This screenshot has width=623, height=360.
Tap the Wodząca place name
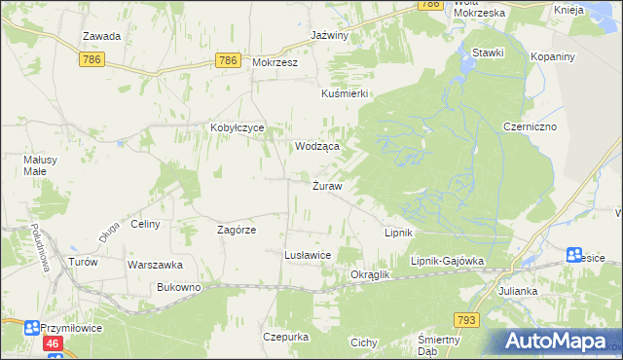coord(317,146)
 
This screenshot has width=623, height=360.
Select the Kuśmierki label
coord(344,93)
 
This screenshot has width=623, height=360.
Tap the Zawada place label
coord(101,36)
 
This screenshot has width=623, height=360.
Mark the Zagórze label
coord(236,230)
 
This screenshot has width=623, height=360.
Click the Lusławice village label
coord(308,254)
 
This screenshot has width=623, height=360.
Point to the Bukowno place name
coord(178,287)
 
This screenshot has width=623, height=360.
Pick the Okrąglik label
coord(369,274)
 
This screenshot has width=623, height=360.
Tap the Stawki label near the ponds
coord(487,53)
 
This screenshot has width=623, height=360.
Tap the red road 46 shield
coord(53,343)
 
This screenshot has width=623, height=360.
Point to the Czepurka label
coord(285,337)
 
